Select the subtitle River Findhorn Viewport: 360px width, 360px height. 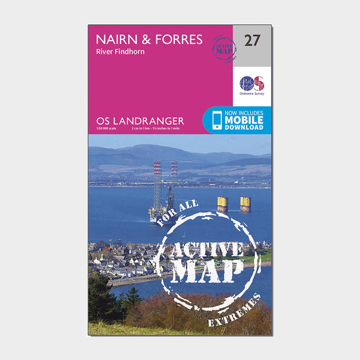click(118, 54)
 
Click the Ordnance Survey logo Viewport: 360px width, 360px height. click(251, 85)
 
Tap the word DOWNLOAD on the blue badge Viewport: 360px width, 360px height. click(245, 128)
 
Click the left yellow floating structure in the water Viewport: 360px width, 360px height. click(223, 204)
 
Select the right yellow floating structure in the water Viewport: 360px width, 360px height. click(245, 204)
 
